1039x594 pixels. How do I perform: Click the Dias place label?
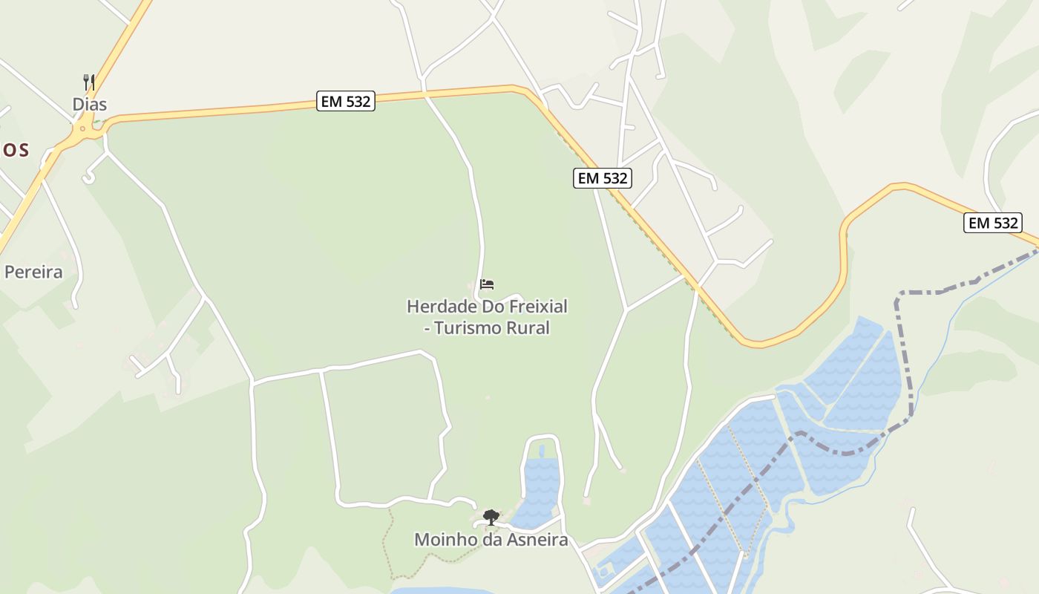pyautogui.click(x=89, y=105)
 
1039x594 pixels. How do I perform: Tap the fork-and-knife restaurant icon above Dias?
pyautogui.click(x=89, y=82)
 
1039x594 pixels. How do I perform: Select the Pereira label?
pyautogui.click(x=33, y=272)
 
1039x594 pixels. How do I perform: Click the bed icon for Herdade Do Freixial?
pyautogui.click(x=487, y=284)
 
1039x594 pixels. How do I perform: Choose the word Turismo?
pyautogui.click(x=470, y=327)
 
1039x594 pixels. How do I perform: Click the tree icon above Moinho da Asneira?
pyautogui.click(x=491, y=517)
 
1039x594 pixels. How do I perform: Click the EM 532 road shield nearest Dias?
pyautogui.click(x=346, y=101)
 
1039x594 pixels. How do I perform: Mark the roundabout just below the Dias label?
pyautogui.click(x=85, y=131)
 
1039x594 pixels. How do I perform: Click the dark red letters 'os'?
pyautogui.click(x=15, y=150)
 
